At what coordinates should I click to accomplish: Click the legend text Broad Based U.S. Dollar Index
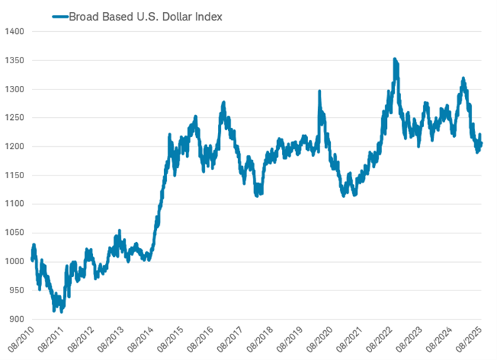click(146, 16)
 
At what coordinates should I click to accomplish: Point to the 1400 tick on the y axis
click(14, 32)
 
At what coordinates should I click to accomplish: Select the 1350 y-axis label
click(14, 61)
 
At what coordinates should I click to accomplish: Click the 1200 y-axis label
click(14, 147)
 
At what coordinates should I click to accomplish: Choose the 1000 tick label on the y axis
click(14, 261)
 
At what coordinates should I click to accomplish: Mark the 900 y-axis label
click(16, 319)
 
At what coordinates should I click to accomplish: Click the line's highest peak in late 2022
click(395, 60)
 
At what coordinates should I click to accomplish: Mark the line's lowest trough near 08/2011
click(62, 311)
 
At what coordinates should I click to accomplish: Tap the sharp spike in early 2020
click(319, 92)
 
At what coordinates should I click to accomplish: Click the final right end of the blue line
click(482, 145)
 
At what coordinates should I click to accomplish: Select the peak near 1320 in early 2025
click(464, 79)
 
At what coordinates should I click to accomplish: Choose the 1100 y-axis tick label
click(14, 204)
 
